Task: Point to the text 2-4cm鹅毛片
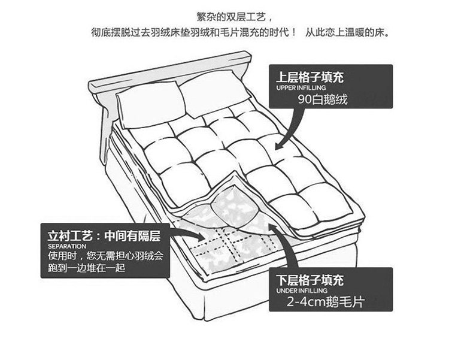click(325, 302)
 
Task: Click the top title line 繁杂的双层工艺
click(229, 16)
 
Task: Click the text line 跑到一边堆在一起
click(86, 268)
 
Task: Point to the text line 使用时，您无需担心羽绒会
click(105, 256)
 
